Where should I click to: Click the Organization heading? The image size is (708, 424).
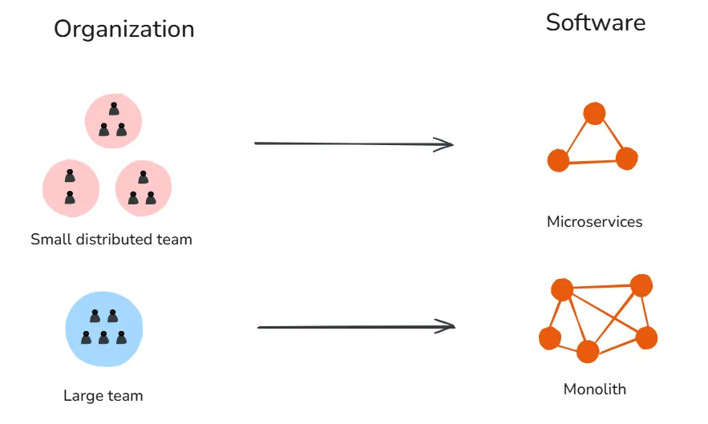click(x=124, y=30)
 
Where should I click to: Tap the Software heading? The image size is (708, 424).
click(x=596, y=22)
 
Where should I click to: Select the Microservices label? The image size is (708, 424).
click(x=595, y=222)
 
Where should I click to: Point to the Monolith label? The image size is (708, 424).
click(x=595, y=390)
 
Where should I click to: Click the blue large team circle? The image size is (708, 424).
click(x=104, y=329)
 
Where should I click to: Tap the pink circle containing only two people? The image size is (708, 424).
click(x=71, y=188)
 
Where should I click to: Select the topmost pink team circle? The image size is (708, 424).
click(x=113, y=121)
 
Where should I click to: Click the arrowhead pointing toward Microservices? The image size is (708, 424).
click(x=444, y=144)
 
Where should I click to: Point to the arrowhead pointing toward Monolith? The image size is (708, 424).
click(x=446, y=326)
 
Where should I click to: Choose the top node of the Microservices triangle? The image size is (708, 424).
click(x=594, y=113)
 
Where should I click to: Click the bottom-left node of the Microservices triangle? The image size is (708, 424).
click(x=558, y=160)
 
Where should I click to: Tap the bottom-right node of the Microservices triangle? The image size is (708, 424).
click(x=627, y=159)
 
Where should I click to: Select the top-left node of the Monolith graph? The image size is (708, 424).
click(x=562, y=289)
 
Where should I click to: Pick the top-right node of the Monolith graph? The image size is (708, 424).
click(x=641, y=285)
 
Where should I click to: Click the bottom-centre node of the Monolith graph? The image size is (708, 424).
click(x=588, y=351)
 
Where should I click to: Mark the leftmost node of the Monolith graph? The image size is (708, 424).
click(x=550, y=338)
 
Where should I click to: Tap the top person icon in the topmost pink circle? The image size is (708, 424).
click(x=114, y=109)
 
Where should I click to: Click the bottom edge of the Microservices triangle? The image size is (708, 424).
click(x=593, y=162)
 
